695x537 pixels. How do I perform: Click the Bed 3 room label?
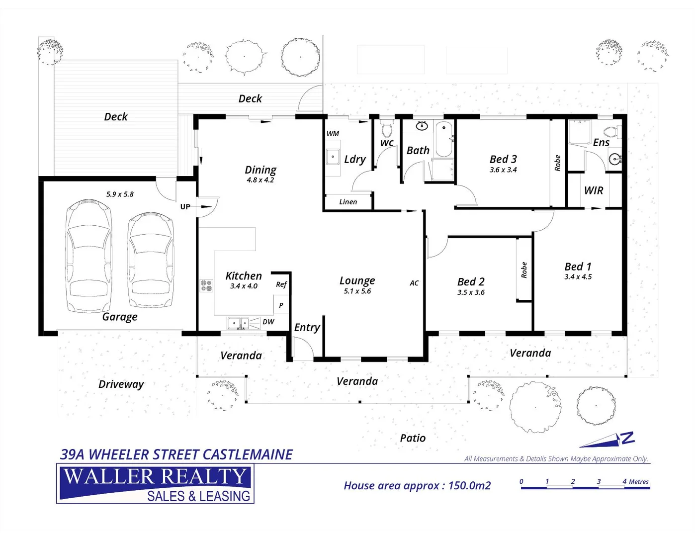point(503,159)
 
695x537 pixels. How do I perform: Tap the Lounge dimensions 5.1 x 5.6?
point(357,291)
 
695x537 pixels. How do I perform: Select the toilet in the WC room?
point(387,130)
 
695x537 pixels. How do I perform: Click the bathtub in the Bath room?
point(443,139)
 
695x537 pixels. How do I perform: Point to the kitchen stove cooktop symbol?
point(206,285)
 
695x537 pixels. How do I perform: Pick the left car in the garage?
point(89,255)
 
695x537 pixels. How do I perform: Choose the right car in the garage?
point(151,260)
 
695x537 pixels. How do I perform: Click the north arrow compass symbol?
point(609,440)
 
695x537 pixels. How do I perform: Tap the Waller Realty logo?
point(155,484)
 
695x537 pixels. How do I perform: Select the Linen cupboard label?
point(348,202)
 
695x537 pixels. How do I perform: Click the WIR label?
point(594,190)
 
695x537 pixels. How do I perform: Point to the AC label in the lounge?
point(414,283)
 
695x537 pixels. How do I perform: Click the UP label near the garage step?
point(185,207)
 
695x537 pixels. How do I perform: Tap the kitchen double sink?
point(238,324)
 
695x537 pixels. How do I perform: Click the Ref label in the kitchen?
point(281,284)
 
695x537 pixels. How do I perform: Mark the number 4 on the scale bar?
point(624,481)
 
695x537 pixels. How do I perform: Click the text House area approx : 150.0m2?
point(417,486)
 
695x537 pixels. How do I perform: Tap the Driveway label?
point(121,384)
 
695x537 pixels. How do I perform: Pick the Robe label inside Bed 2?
point(524,269)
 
